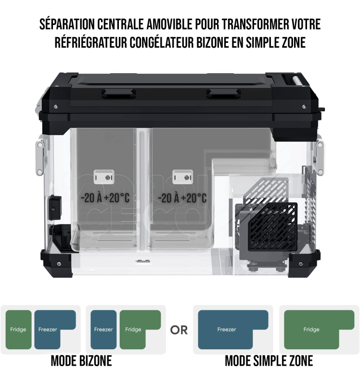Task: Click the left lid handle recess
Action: [x=118, y=93]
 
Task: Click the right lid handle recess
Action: [x=224, y=93]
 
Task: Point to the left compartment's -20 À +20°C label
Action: [x=105, y=198]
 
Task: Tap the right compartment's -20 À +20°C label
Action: [x=182, y=198]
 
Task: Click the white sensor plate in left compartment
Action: [x=104, y=177]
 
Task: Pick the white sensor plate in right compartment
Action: [x=182, y=177]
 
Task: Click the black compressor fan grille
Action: [x=273, y=226]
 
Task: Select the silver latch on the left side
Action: [x=39, y=157]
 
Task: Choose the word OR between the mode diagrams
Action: [x=179, y=330]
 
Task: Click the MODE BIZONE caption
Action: [x=81, y=361]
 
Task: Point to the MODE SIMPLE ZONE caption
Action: [x=269, y=361]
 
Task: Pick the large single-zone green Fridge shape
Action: [x=311, y=330]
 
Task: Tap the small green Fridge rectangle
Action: [x=18, y=330]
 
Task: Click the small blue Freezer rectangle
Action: [x=103, y=330]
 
